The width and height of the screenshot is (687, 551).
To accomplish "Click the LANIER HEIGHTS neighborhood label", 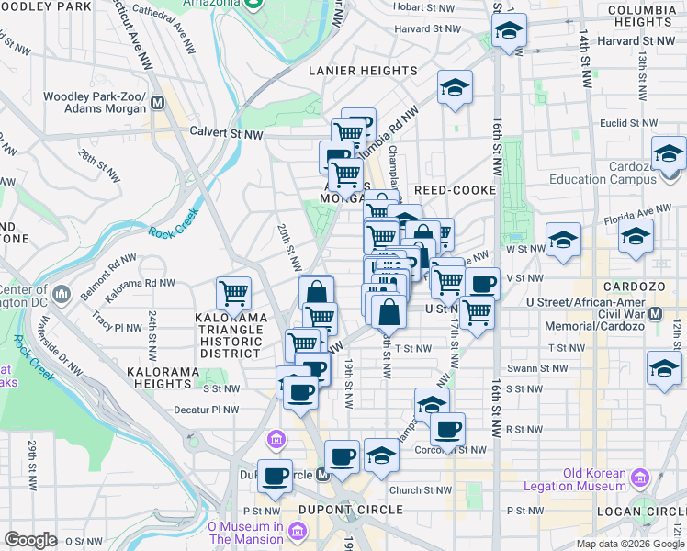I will [363, 71].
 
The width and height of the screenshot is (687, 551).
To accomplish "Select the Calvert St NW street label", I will [226, 134].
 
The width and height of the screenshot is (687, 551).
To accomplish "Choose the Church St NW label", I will [421, 489].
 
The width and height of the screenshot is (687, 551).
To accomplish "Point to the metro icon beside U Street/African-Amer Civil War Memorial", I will [656, 313].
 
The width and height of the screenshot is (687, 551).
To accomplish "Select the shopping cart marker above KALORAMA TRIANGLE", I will [234, 294].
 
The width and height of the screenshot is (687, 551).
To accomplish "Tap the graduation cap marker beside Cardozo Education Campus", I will [670, 152].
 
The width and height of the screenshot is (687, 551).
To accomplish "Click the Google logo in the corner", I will [30, 540].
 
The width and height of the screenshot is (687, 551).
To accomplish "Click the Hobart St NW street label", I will [423, 6].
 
